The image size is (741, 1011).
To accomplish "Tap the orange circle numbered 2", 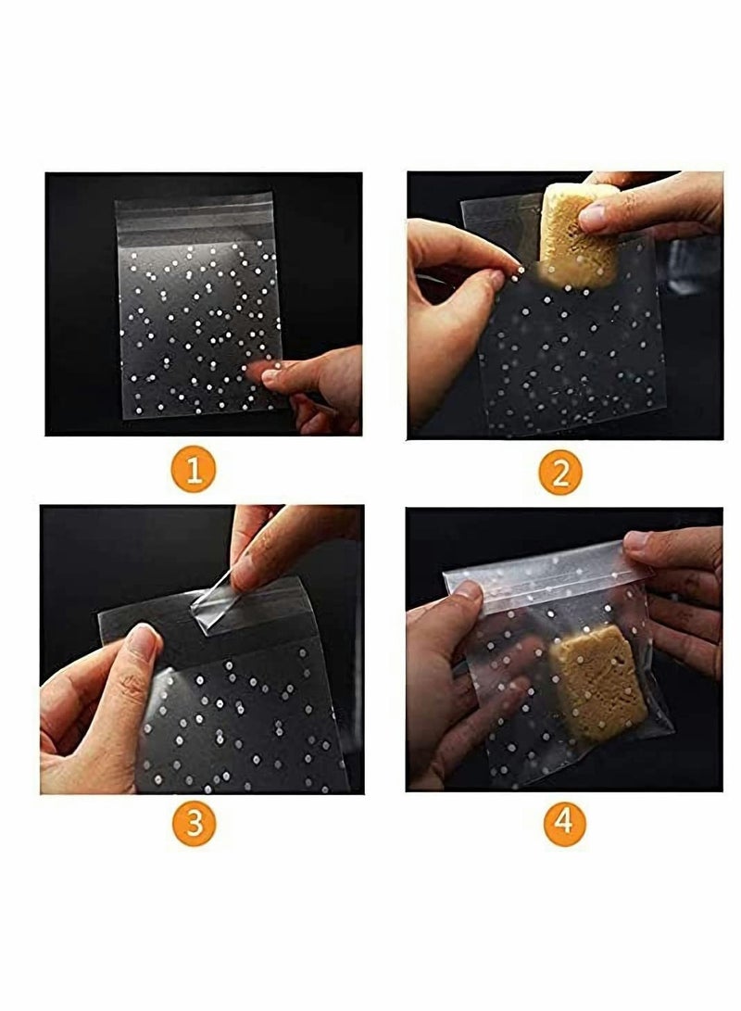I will (560, 473).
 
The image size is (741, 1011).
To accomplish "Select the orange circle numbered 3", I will (194, 822).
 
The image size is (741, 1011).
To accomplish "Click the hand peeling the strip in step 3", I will (278, 547).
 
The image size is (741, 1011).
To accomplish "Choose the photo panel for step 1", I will (204, 304).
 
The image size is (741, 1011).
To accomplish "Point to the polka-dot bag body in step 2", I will (574, 361).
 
